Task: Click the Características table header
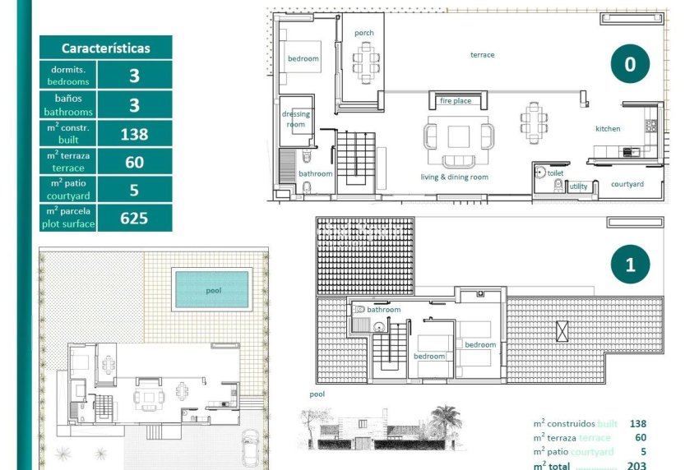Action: point(105,48)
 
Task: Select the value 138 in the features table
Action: point(134,134)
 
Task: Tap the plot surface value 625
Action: point(134,218)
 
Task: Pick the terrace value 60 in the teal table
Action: point(134,162)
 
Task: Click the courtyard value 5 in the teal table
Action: point(134,190)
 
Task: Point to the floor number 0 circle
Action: point(630,64)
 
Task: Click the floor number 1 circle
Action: point(630,265)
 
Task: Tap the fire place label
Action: point(456,101)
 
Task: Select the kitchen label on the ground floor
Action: point(608,129)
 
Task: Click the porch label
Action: point(364,33)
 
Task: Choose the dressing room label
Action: point(295,119)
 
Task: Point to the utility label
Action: point(579,187)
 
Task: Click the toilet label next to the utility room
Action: point(555,173)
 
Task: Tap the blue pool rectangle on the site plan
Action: point(211,289)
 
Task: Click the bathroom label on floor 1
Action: point(383,310)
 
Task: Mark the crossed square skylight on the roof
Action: point(562,332)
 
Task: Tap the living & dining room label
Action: point(455,177)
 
